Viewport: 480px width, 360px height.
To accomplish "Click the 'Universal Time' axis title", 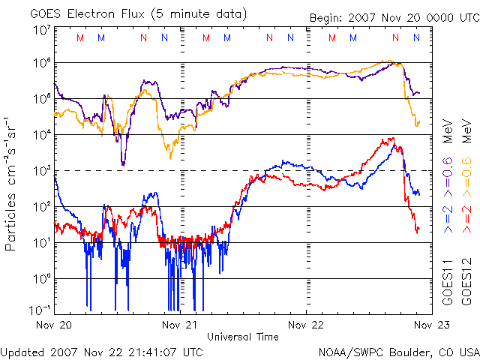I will click(243, 337).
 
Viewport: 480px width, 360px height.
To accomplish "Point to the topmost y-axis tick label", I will click(42, 30).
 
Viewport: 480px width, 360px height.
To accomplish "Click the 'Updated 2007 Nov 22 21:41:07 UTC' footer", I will click(101, 351).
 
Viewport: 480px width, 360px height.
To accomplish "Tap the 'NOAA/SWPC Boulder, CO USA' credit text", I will click(398, 351).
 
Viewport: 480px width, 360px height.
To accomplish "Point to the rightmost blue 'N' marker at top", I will click(416, 37).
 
